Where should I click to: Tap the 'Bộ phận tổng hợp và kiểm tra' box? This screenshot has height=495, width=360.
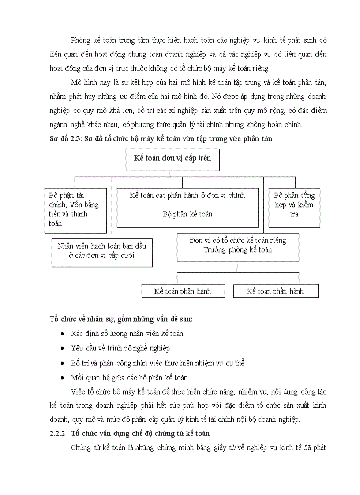coord(294,208)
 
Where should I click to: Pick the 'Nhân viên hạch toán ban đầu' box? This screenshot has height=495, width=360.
coord(102,253)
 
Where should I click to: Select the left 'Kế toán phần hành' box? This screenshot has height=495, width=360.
coord(183,291)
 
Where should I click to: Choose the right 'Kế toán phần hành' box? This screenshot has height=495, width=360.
coord(275,291)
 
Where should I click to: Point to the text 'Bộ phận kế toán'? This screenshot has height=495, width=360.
coord(187,214)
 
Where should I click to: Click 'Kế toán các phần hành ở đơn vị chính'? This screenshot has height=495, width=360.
coord(187,195)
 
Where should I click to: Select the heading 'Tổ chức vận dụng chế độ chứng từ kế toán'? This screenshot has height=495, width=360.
coord(140,434)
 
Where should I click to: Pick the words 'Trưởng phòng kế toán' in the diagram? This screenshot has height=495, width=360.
coord(237,250)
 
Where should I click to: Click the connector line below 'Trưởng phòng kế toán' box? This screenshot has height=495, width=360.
coord(237,267)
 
